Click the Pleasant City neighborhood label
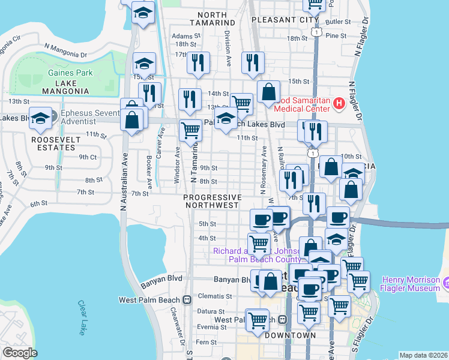pyautogui.click(x=276, y=20)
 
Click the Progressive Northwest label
pyautogui.click(x=212, y=201)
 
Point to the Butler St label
pyautogui.click(x=337, y=22)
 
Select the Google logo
pyautogui.click(x=20, y=353)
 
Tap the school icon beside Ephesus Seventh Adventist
pyautogui.click(x=40, y=117)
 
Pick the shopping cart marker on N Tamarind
pyautogui.click(x=190, y=128)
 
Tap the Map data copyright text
pyautogui.click(x=423, y=355)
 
